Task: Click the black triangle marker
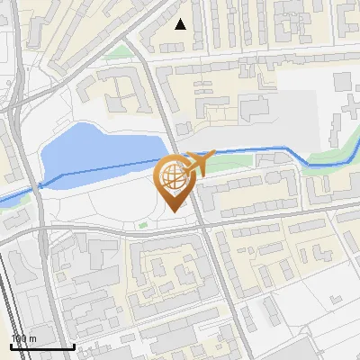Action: point(181,24)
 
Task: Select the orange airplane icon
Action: point(199,164)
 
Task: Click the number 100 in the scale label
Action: point(20,338)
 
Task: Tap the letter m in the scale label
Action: point(32,338)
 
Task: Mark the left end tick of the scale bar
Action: point(11,345)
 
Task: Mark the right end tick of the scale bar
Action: point(74,345)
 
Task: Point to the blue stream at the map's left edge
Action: point(7,197)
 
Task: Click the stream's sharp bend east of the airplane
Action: point(310,163)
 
